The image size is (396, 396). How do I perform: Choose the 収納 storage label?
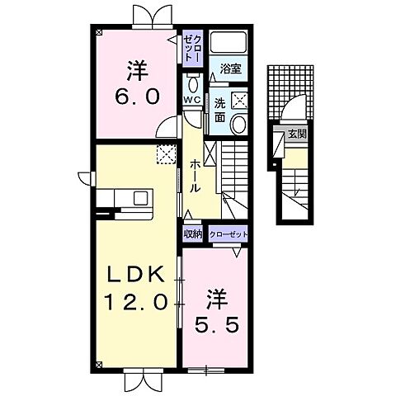click(192, 233)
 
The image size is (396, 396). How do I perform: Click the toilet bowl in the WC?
click(192, 83)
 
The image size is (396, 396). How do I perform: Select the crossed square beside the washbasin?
click(239, 101)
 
